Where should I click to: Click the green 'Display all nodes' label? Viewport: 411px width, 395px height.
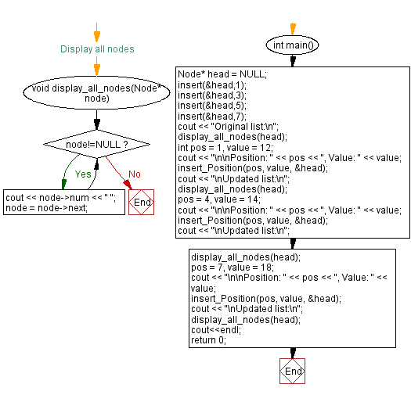tap(97, 49)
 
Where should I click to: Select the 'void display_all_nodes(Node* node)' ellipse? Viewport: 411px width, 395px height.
tap(97, 93)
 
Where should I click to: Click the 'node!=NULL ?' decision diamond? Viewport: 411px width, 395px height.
tap(97, 145)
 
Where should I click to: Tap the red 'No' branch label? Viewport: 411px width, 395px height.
tap(135, 174)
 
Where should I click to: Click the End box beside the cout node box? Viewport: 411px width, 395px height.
tap(142, 202)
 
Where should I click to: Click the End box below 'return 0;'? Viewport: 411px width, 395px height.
tap(292, 372)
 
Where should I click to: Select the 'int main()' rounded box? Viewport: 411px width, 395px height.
tap(292, 45)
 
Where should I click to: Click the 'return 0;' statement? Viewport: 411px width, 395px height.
tap(207, 339)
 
